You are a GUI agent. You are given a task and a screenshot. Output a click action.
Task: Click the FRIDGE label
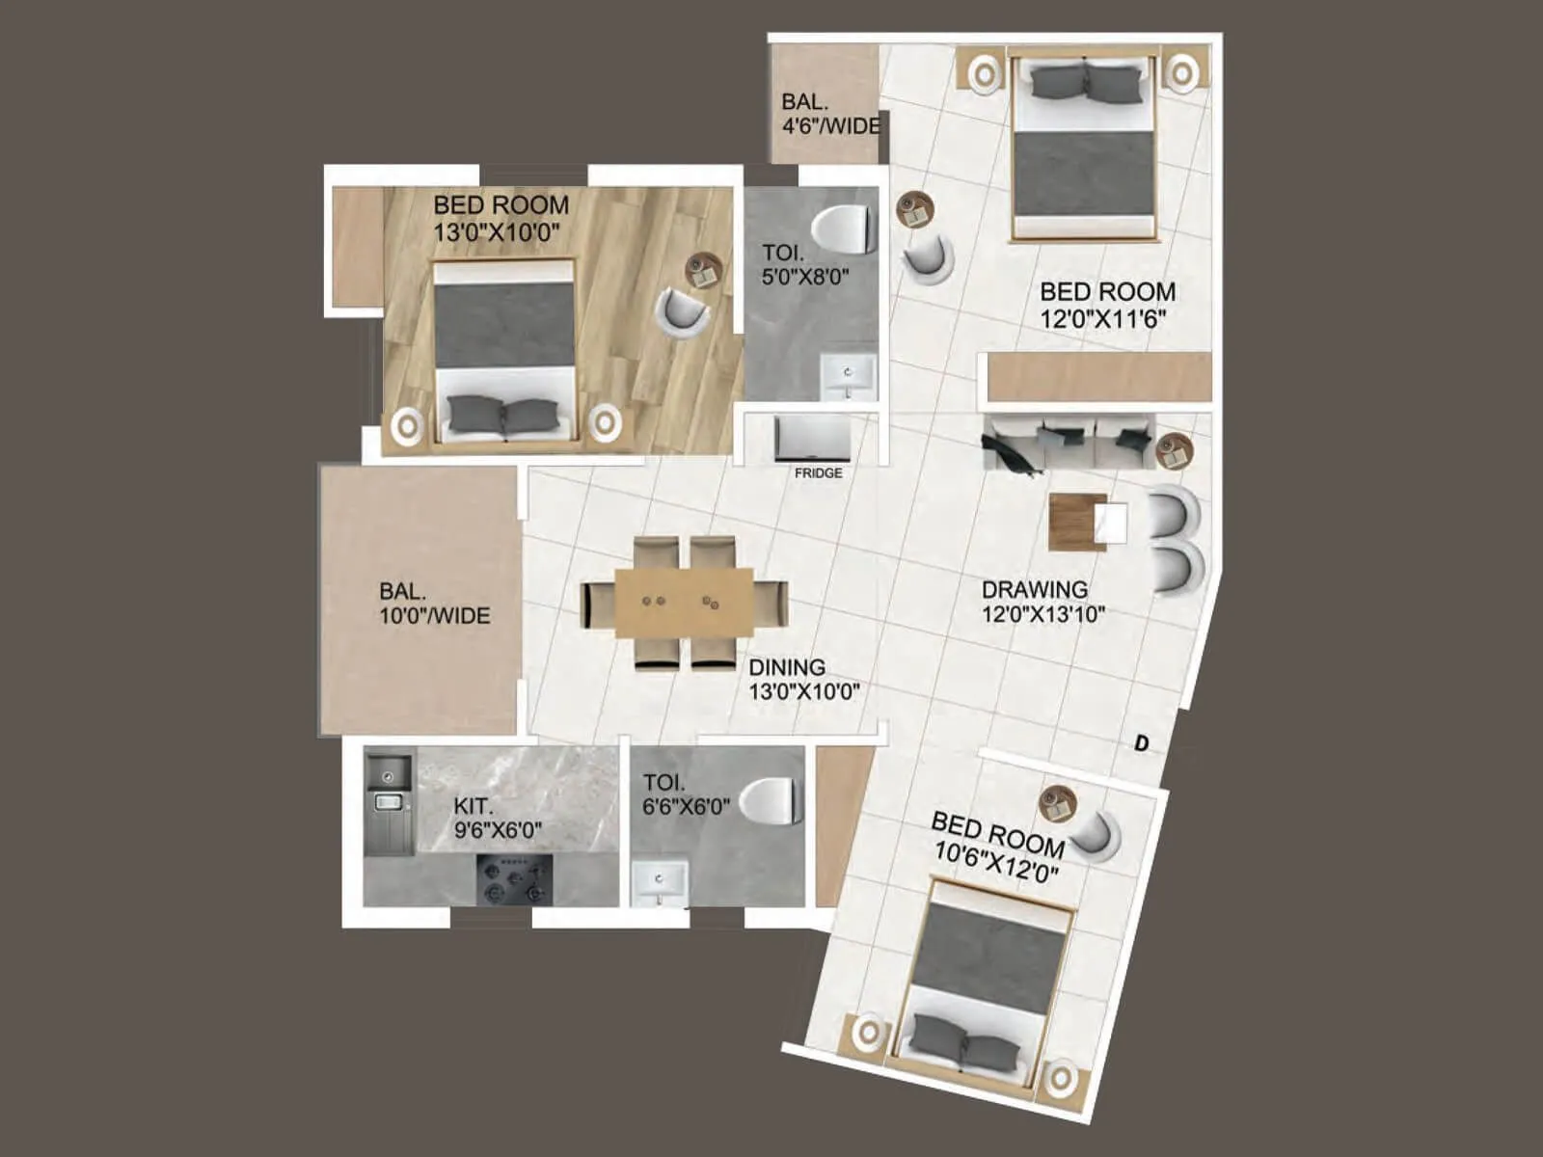click(x=818, y=473)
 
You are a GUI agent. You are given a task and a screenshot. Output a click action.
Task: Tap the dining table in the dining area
click(x=684, y=602)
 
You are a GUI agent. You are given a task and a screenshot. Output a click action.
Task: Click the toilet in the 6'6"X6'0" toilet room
click(x=771, y=801)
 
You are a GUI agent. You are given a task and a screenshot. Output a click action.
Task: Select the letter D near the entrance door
click(x=1142, y=743)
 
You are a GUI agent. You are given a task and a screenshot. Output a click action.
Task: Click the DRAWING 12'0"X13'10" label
click(x=1042, y=601)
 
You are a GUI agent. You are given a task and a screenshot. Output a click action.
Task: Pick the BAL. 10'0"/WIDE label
click(x=434, y=604)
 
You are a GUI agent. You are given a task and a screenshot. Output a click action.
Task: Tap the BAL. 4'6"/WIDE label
click(x=829, y=114)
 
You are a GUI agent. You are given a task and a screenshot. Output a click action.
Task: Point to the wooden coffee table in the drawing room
click(x=1076, y=522)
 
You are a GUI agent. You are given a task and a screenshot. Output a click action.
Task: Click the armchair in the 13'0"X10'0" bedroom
click(x=681, y=311)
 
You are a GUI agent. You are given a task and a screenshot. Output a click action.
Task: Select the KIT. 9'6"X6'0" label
click(x=498, y=818)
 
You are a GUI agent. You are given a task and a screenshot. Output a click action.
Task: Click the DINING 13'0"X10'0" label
click(x=803, y=679)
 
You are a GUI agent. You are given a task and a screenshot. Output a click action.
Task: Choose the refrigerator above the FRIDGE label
click(x=812, y=439)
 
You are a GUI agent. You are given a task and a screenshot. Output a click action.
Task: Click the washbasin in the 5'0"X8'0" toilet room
click(x=848, y=376)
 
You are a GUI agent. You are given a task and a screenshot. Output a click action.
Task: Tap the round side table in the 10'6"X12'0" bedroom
click(x=1058, y=803)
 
